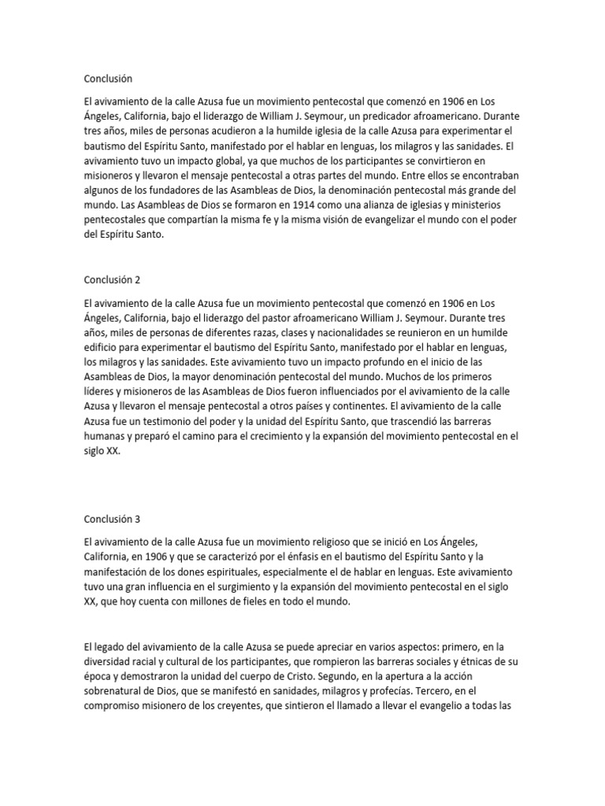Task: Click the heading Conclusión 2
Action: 112,279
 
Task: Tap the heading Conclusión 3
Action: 112,519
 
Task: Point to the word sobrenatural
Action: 118,692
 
